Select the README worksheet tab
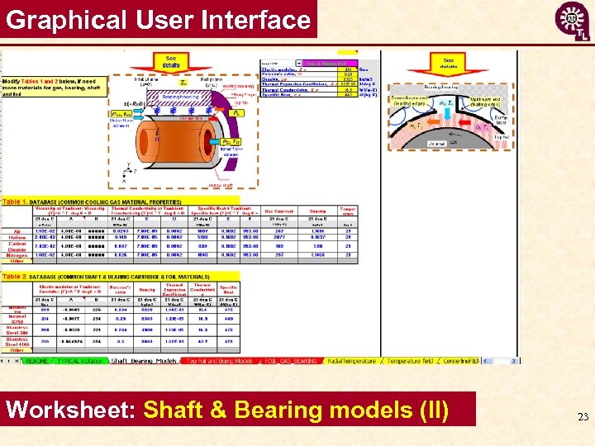(35, 361)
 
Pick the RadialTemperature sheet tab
(355, 361)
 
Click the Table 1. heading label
(17, 202)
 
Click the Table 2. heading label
(17, 275)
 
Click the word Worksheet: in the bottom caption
(70, 410)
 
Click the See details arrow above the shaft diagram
(170, 61)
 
